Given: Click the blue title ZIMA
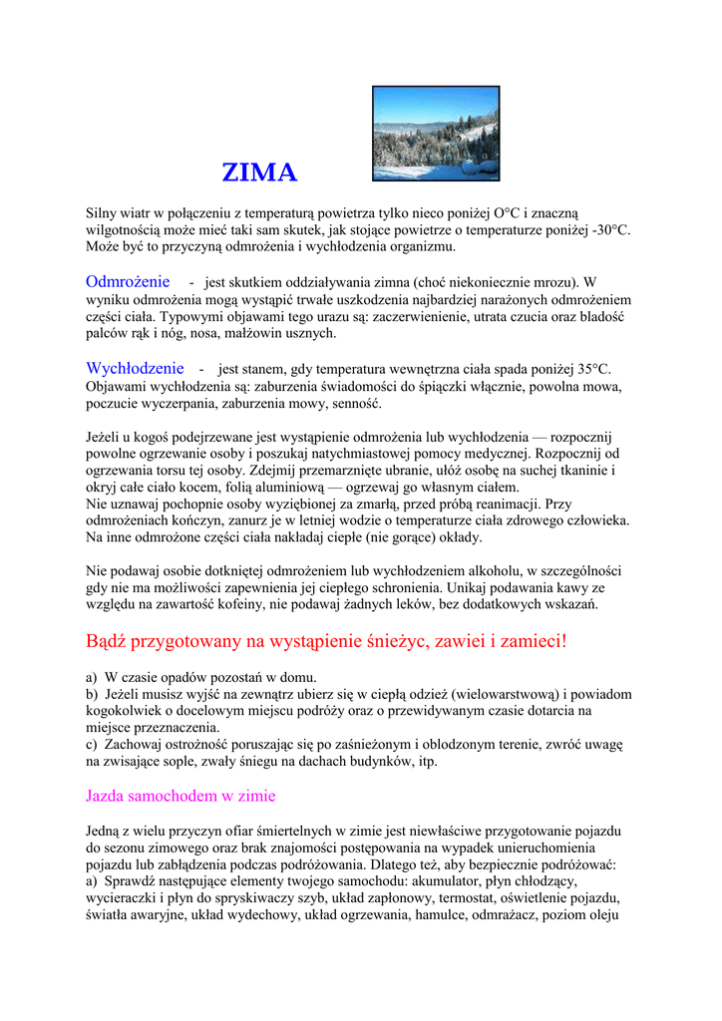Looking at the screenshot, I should click(x=259, y=173).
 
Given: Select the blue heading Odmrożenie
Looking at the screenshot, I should click(x=128, y=282).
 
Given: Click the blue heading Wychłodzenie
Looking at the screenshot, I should click(x=135, y=368).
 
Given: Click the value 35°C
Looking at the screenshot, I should click(x=589, y=370).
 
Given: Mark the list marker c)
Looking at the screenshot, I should click(x=92, y=745).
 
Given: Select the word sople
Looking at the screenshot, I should click(x=198, y=761).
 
